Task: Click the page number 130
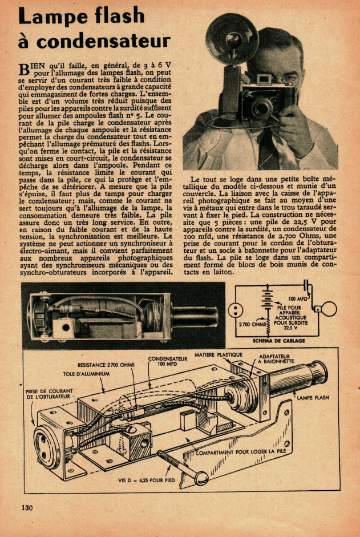tap(27, 507)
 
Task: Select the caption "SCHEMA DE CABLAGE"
tap(280, 341)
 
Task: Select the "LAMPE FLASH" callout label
tap(313, 398)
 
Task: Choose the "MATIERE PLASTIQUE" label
tap(219, 354)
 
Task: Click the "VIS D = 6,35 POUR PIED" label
tap(146, 481)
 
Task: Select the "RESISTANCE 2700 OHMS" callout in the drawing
tap(106, 364)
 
